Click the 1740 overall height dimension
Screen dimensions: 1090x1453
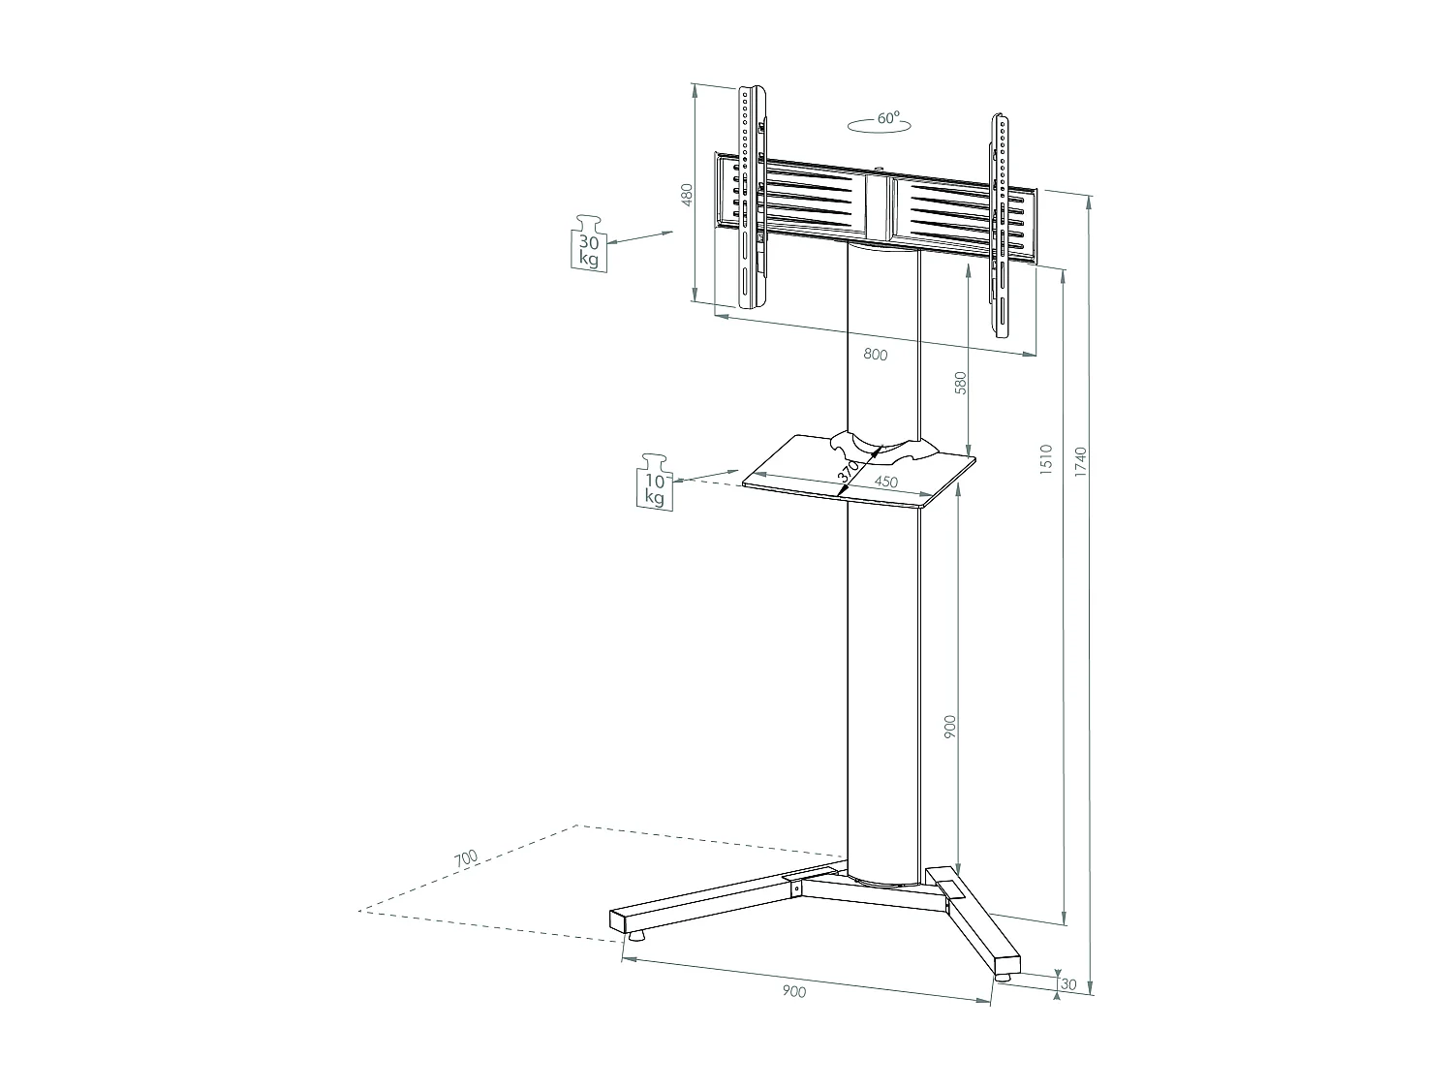click(x=1081, y=462)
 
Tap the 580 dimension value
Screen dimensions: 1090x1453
click(x=961, y=383)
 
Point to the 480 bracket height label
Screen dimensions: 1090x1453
click(x=687, y=196)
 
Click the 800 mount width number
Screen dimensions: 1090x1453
click(x=875, y=355)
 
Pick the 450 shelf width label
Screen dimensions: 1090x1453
click(x=885, y=482)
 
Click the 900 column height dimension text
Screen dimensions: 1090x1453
click(x=949, y=728)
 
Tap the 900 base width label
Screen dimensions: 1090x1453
click(x=793, y=990)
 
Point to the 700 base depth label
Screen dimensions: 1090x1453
click(x=466, y=857)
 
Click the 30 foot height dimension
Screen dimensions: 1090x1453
click(x=1069, y=984)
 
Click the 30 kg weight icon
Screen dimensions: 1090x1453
click(x=588, y=244)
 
